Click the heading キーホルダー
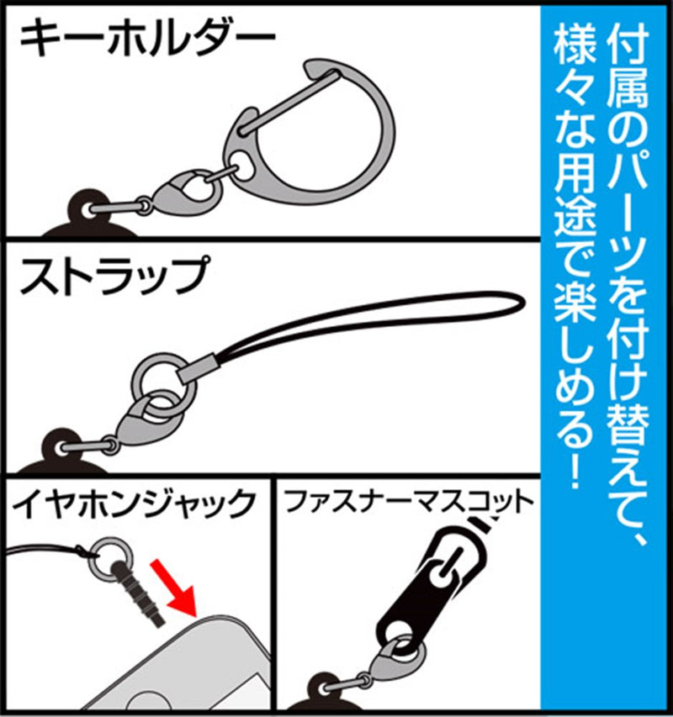click(x=146, y=38)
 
